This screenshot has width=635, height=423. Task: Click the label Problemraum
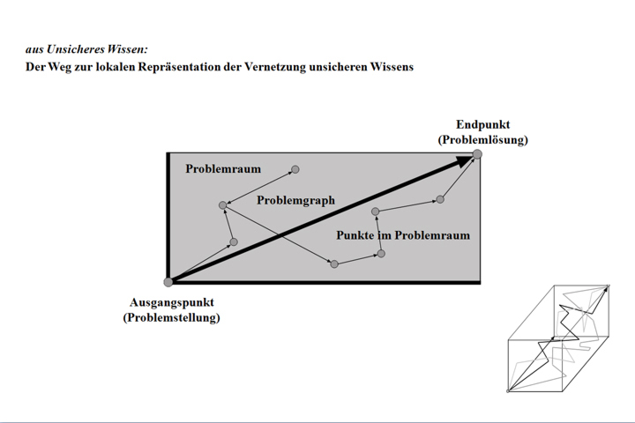223,169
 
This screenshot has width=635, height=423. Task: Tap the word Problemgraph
296,200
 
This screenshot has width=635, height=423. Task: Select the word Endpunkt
482,124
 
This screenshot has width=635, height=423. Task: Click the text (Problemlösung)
482,139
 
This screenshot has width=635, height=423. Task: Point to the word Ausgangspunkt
172,303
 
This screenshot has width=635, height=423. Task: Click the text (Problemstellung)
172,317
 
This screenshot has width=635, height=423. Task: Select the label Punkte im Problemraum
403,235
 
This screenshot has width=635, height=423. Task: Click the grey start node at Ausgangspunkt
168,282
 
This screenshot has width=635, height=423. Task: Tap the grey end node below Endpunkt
477,154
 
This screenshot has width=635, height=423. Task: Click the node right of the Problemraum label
295,169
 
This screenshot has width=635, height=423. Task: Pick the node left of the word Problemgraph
223,205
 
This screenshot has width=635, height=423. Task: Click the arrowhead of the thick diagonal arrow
464,160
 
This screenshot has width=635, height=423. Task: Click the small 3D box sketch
558,338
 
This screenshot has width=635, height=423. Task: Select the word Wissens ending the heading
392,67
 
